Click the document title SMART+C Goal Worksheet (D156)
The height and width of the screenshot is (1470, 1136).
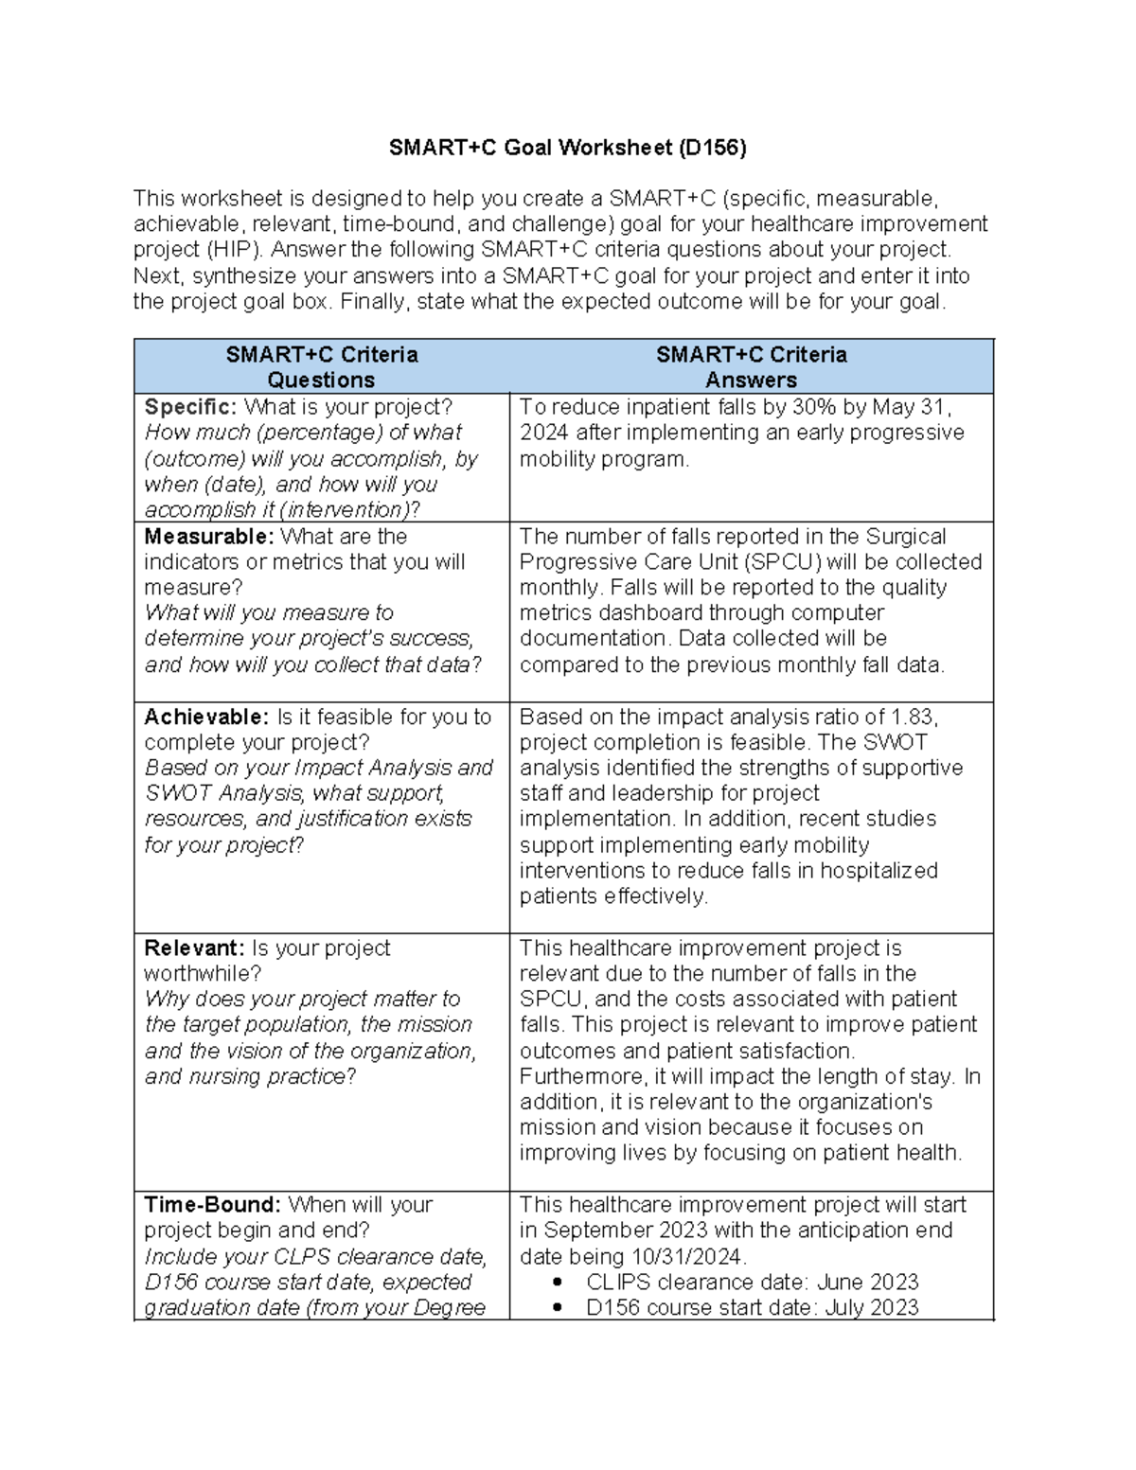(568, 148)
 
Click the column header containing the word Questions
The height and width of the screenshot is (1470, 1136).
(321, 380)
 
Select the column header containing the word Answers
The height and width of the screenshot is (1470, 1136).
(751, 380)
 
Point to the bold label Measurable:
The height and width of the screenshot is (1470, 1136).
(208, 536)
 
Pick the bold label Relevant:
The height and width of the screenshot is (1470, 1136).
(194, 948)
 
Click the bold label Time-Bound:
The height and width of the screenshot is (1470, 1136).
(212, 1204)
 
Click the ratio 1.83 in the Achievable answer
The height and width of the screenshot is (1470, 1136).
(914, 717)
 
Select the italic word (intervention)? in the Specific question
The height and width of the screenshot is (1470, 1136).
(349, 509)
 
